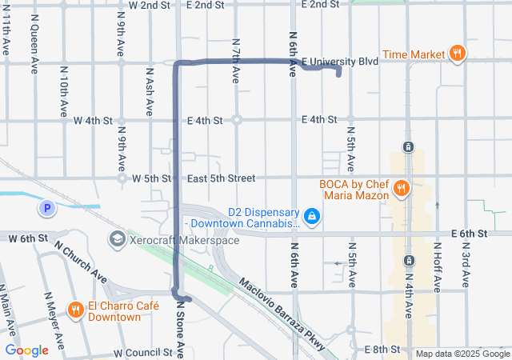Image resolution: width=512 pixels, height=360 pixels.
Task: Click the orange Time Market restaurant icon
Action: click(457, 54)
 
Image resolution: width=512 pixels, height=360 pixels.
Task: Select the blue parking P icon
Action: click(47, 209)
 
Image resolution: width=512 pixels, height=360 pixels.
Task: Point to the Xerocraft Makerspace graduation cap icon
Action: click(117, 239)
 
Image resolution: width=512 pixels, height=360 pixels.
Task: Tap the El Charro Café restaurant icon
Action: click(75, 309)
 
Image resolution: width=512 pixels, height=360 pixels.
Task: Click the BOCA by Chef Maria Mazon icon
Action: click(402, 189)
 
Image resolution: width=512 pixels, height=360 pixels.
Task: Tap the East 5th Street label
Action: click(221, 178)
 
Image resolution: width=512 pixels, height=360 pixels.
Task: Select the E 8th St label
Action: click(382, 350)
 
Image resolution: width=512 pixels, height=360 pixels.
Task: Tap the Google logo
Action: click(26, 350)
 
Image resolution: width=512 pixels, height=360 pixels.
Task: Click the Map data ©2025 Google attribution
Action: click(462, 354)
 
